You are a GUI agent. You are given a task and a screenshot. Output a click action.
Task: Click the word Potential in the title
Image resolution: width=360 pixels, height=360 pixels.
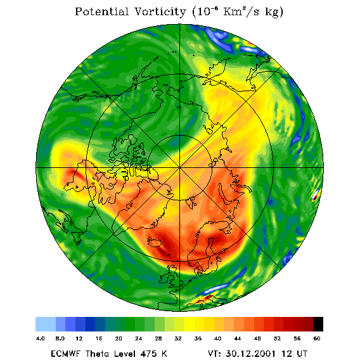pos(101,11)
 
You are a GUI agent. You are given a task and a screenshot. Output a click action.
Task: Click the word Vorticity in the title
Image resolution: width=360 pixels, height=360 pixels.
pos(160,11)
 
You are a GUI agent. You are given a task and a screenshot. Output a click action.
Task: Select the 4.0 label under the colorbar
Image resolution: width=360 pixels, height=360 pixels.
pos(41,338)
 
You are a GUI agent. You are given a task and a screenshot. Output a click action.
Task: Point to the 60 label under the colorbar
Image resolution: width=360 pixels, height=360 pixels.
pos(317,338)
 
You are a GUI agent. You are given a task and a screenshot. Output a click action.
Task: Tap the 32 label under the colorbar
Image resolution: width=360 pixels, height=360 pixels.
pos(178,338)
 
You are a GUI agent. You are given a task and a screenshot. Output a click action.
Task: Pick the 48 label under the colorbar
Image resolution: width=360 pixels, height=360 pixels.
pos(257,338)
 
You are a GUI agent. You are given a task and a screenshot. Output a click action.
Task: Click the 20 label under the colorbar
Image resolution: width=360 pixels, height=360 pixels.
pos(119,338)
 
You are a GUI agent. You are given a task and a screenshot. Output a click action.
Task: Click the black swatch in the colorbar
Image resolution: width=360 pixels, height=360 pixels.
pos(318,324)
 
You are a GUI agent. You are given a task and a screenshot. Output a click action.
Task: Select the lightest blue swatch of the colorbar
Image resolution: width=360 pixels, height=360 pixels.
pos(46,324)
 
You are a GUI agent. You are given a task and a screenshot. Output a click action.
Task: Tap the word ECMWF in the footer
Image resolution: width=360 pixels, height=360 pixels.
pos(65,354)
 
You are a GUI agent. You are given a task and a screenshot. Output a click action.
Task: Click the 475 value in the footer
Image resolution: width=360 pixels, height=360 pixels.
pos(146,354)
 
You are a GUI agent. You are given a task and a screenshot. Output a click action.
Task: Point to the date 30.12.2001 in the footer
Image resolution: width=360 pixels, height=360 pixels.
pos(251,354)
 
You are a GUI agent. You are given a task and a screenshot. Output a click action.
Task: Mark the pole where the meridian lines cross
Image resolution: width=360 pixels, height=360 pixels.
pos(180,168)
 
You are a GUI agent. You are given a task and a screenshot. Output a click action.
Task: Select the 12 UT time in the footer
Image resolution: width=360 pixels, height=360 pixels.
pos(295,354)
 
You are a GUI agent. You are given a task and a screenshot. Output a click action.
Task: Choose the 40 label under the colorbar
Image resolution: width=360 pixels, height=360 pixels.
pos(218,338)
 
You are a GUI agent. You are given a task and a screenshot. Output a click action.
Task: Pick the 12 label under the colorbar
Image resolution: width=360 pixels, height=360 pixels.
pos(79,338)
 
